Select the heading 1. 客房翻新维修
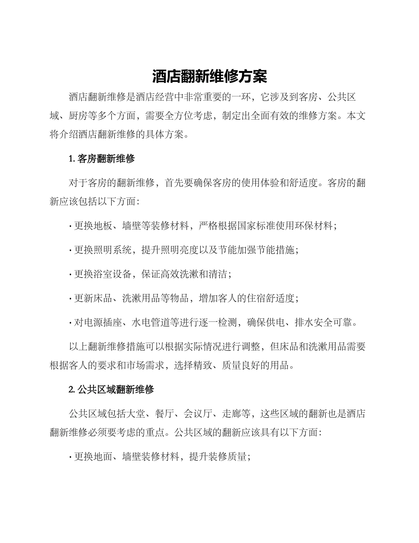pos(102,159)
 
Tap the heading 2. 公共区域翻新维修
pos(112,390)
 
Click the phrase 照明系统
pos(112,250)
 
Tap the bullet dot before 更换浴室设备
pos(71,275)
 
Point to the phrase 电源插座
pos(103,322)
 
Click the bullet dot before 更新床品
pos(71,298)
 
